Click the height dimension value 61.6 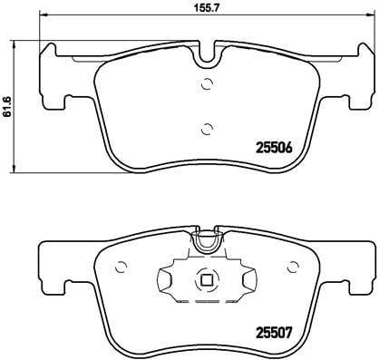tap(9, 107)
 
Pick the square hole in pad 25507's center tap(208, 280)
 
